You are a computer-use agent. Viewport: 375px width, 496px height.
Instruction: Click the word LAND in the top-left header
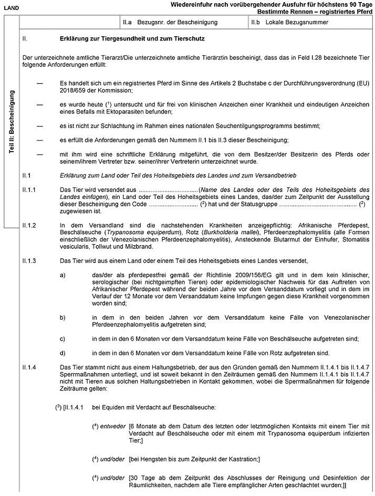(x=11, y=7)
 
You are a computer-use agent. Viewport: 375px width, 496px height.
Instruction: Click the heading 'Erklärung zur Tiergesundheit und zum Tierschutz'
(x=132, y=39)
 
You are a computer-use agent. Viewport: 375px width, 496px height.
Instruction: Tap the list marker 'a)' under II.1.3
(x=63, y=275)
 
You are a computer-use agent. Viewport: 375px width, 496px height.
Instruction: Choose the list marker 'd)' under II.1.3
(x=63, y=352)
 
